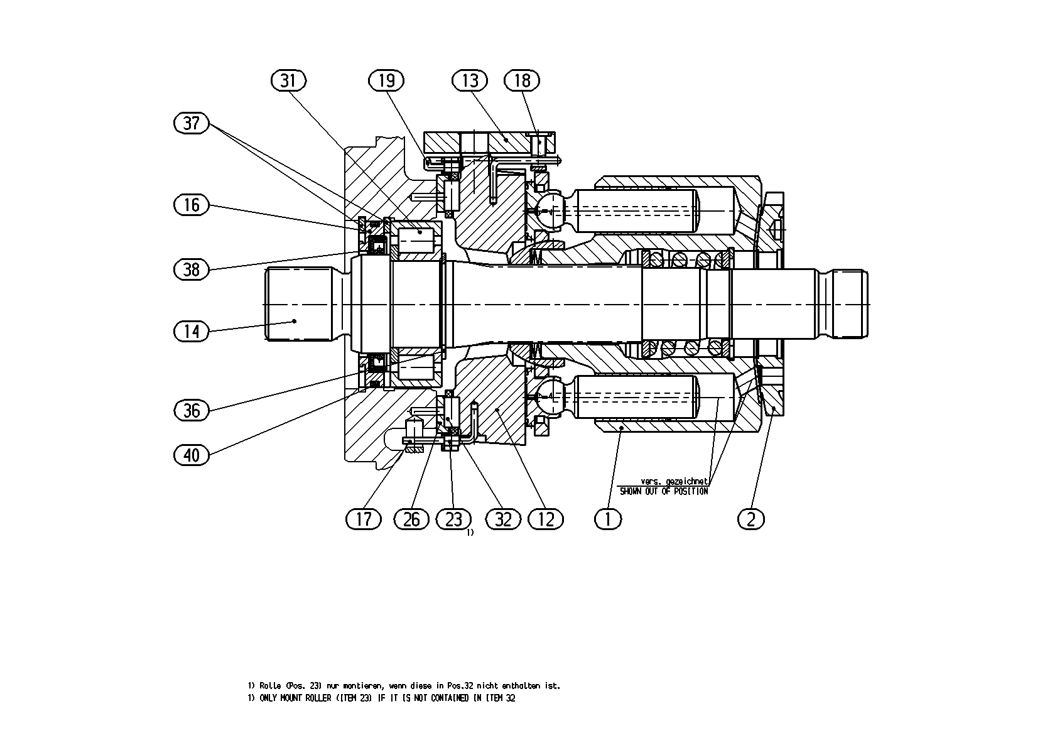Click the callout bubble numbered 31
coord(288,81)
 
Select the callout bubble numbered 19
coord(386,81)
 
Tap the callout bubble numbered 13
coord(470,81)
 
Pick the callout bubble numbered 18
coord(522,81)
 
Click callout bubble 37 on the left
coord(192,124)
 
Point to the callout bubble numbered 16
coord(192,205)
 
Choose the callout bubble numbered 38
coord(192,269)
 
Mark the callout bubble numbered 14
coord(192,332)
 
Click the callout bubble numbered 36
coord(192,410)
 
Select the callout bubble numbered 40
coord(192,455)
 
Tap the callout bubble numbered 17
coord(364,519)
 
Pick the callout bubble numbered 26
coord(411,519)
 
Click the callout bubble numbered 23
coord(453,519)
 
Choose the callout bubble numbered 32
coord(503,519)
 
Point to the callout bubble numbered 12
coord(546,519)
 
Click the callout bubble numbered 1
coord(608,519)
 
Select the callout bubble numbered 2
coord(750,519)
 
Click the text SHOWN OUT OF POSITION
coord(664,491)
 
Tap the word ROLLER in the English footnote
coord(318,698)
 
